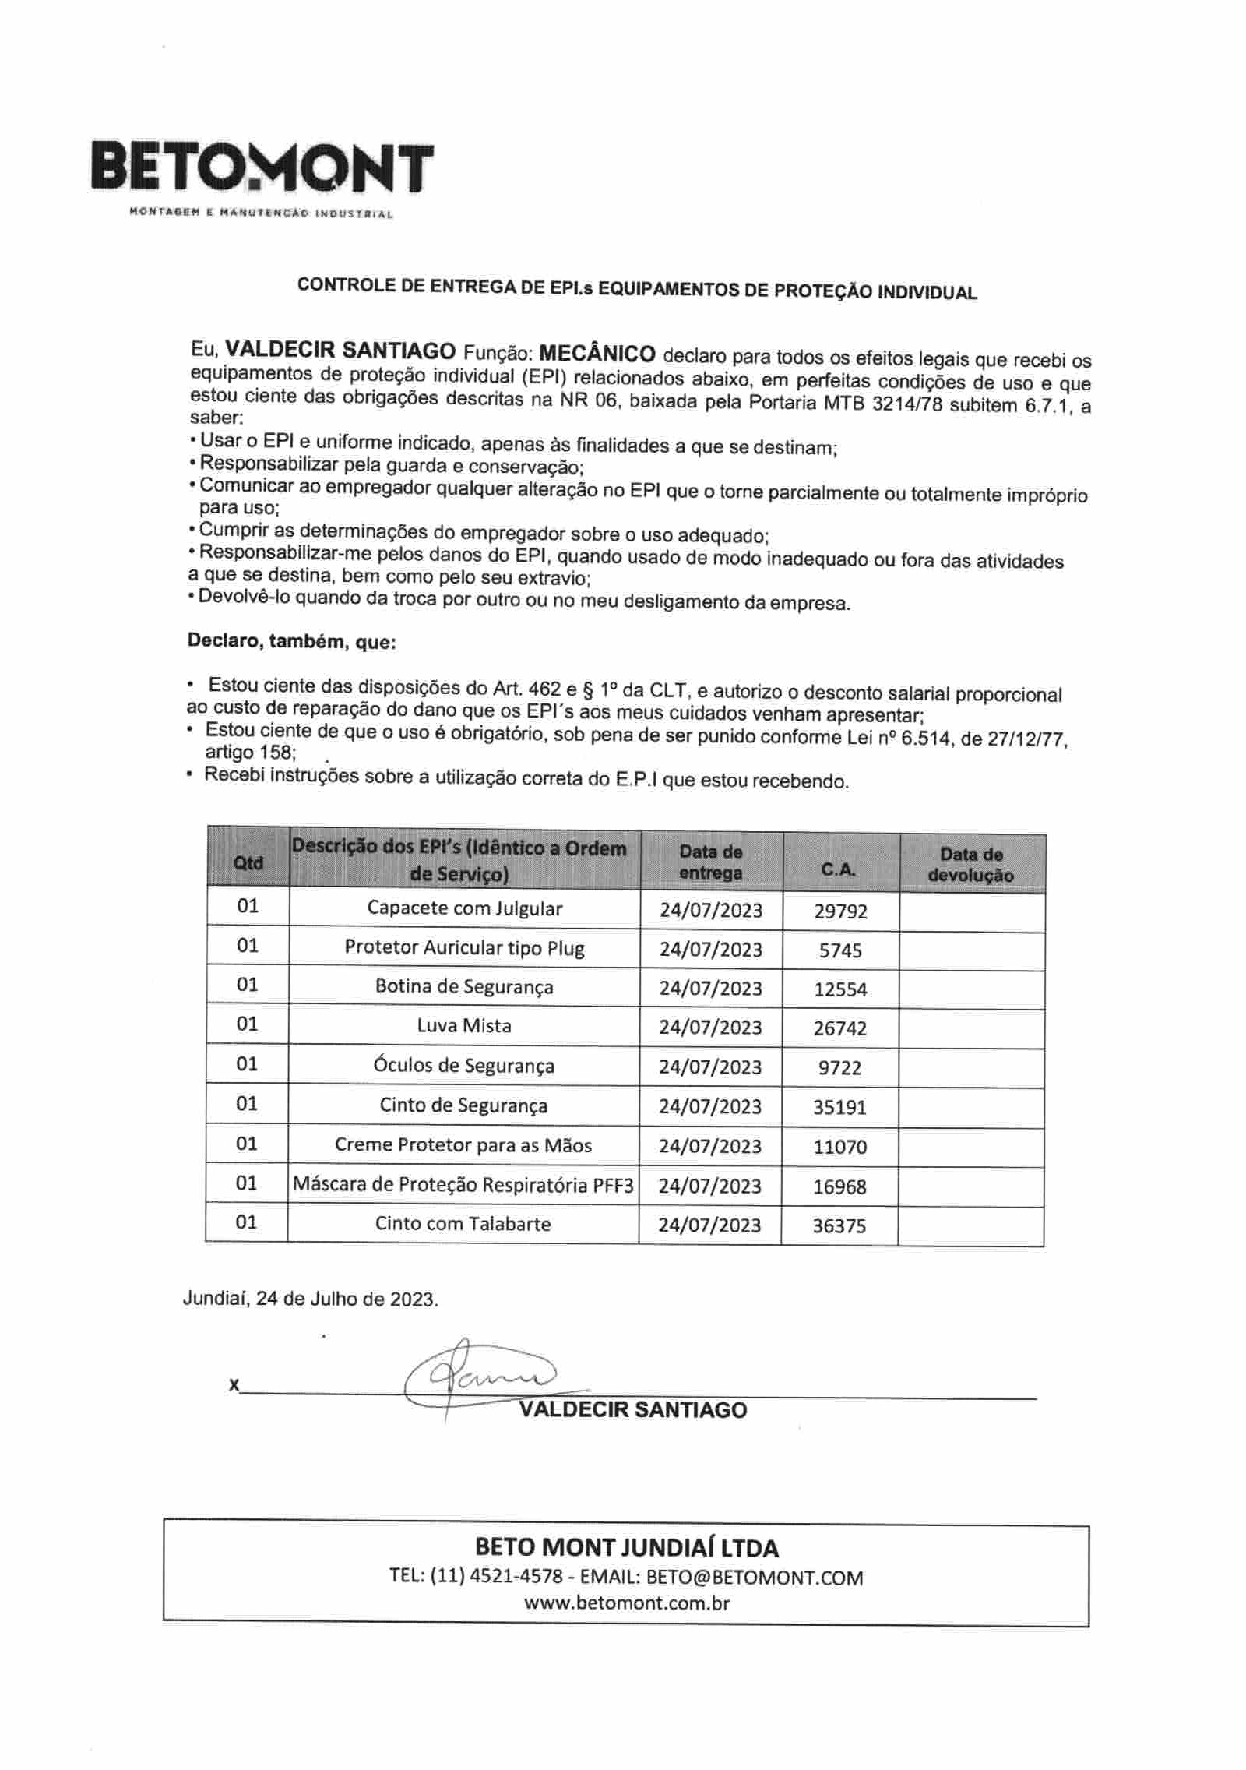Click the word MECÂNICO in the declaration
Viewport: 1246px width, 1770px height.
pyautogui.click(x=597, y=353)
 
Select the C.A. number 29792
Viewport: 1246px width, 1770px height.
pyautogui.click(x=840, y=911)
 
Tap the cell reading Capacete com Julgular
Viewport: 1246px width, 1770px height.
pyautogui.click(x=464, y=908)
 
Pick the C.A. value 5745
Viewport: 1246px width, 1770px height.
pyautogui.click(x=840, y=950)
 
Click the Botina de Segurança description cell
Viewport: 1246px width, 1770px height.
pyautogui.click(x=464, y=987)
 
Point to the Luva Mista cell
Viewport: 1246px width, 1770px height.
pyautogui.click(x=464, y=1026)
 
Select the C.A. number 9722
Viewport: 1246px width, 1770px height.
pyautogui.click(x=840, y=1067)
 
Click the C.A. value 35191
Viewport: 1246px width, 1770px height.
pyautogui.click(x=839, y=1107)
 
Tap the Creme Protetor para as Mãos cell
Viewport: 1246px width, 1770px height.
pyautogui.click(x=463, y=1145)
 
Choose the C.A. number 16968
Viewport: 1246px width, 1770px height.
pyautogui.click(x=839, y=1186)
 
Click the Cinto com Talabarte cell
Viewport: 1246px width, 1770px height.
pyautogui.click(x=463, y=1223)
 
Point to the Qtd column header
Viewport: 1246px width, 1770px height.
pyautogui.click(x=248, y=862)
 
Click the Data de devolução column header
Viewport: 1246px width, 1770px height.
pyautogui.click(x=971, y=865)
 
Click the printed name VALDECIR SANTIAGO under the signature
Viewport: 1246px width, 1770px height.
pyautogui.click(x=632, y=1410)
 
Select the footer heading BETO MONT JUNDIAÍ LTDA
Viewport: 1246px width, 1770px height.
pyautogui.click(x=626, y=1548)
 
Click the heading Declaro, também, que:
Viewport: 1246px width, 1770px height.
pyautogui.click(x=292, y=643)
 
